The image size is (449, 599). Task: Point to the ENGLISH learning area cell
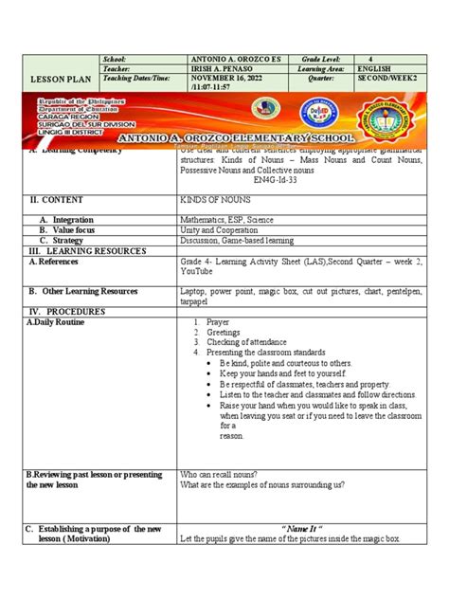pyautogui.click(x=375, y=69)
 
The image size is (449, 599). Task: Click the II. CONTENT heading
pyautogui.click(x=57, y=200)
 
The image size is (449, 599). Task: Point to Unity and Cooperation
pyautogui.click(x=215, y=230)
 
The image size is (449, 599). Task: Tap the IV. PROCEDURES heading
pyautogui.click(x=66, y=311)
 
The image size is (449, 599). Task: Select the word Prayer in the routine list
pyautogui.click(x=217, y=322)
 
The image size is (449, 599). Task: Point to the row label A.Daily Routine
pyautogui.click(x=56, y=322)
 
